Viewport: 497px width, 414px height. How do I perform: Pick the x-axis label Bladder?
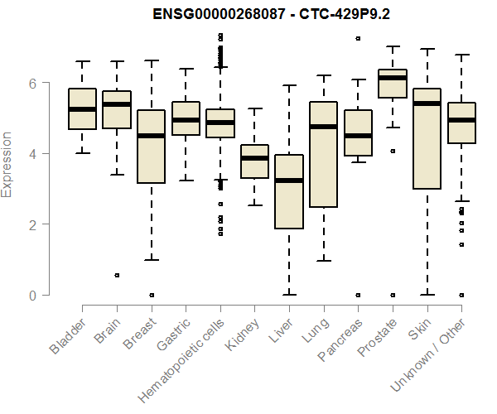[68, 336]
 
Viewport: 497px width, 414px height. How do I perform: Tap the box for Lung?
[323, 154]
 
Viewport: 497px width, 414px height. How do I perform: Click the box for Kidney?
[254, 161]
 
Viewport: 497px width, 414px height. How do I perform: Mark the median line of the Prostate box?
[392, 78]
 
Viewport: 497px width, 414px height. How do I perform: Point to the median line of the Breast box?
[151, 136]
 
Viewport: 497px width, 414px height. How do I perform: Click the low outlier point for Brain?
[117, 275]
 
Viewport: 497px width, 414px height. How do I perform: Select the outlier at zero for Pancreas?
[358, 295]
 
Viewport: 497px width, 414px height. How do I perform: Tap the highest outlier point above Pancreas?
[358, 38]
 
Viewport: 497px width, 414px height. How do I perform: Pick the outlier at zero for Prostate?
[392, 295]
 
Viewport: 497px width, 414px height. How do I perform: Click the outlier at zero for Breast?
[151, 295]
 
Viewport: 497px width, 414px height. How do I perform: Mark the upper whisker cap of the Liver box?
[289, 85]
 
